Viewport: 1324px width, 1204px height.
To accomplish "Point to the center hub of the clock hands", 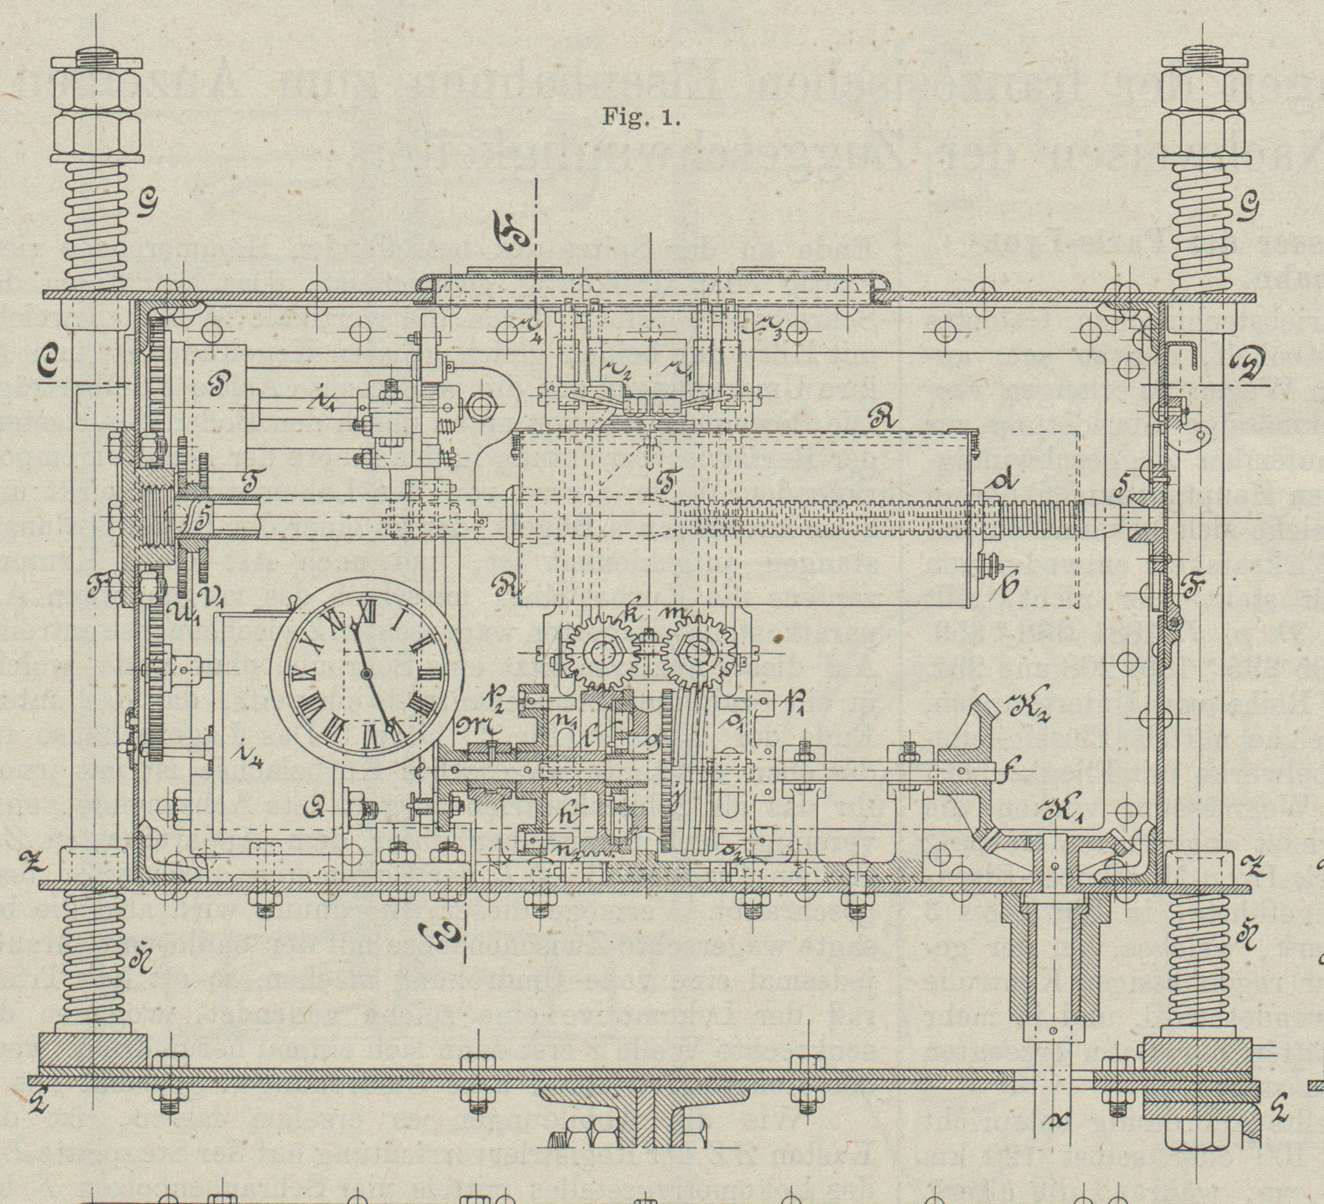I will (366, 674).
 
